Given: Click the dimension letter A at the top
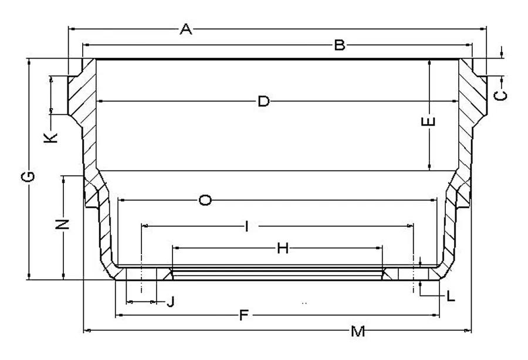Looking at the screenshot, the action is coord(185,29).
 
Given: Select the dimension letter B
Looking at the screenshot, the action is coord(340,45).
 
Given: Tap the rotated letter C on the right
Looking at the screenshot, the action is coord(500,96).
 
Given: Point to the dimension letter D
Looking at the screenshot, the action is coord(263,101).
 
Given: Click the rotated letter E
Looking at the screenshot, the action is coord(428,121).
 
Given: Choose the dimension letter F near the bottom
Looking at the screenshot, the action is coord(244,315).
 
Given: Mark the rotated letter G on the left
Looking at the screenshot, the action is coord(28,176).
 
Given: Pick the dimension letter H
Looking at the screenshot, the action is coord(283,249).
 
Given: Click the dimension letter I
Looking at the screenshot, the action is coord(247,226).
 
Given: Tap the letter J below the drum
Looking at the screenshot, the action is coord(170,302).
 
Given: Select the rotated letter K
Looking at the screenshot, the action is coord(50,138).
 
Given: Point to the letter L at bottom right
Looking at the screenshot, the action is coord(451,297).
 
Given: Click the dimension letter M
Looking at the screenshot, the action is coord(358,331).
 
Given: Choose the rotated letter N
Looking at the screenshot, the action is coord(62,225).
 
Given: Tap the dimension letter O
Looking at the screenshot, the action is coord(205,200).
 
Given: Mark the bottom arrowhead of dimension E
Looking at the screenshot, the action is coord(429,167).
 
